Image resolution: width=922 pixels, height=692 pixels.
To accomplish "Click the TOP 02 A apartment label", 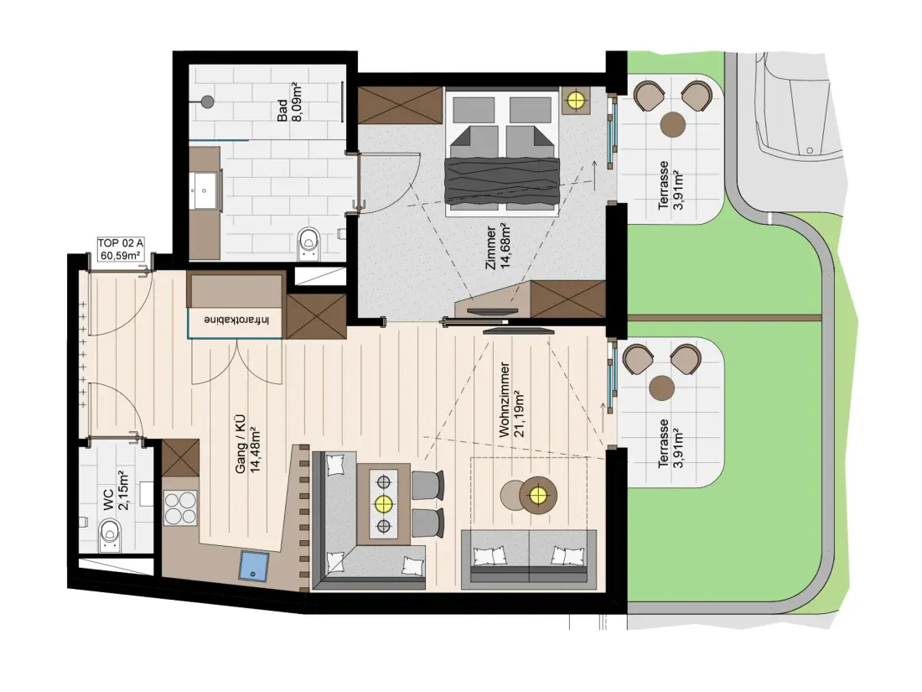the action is [120, 249].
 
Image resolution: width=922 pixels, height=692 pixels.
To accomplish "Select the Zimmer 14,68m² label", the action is [498, 246].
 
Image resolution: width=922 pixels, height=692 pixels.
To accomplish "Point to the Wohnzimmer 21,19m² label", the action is [511, 400].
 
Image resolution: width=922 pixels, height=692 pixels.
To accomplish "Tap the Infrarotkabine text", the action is [237, 320].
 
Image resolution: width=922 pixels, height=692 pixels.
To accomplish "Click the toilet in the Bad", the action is [308, 242].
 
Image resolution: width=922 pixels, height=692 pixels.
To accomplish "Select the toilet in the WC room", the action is [109, 537].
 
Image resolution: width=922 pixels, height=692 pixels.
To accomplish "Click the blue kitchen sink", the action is [253, 565].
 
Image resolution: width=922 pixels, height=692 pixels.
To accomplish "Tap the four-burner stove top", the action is [180, 508].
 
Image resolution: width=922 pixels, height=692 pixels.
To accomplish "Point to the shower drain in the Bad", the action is [206, 101].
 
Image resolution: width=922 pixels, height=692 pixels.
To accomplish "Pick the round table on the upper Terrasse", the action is [673, 125].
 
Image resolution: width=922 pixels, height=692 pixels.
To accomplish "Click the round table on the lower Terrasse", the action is [662, 388].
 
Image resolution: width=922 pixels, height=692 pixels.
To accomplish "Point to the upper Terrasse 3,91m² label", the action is [670, 185].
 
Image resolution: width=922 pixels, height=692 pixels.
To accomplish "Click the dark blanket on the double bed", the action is [500, 180].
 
